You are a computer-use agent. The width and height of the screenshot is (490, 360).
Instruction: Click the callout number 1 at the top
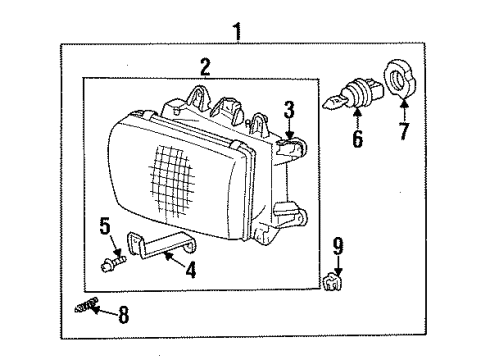[x=237, y=32]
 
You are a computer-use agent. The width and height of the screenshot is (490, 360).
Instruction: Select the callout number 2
[x=204, y=68]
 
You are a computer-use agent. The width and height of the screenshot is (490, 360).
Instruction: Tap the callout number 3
[x=288, y=109]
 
